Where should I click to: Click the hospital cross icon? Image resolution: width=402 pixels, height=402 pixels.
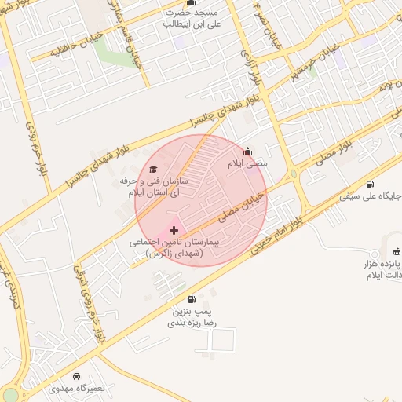[x=174, y=230]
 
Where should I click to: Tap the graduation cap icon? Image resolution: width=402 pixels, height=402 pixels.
[x=153, y=169]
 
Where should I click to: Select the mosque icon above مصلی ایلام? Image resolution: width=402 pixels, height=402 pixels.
[x=248, y=152]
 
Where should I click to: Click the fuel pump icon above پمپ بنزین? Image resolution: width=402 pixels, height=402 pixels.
[x=192, y=299]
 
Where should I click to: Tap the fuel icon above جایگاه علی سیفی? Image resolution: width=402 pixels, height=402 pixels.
[x=370, y=184]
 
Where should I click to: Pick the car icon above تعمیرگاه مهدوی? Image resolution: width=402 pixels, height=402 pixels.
[x=75, y=376]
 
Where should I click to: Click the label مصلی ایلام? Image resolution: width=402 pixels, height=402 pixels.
[x=248, y=164]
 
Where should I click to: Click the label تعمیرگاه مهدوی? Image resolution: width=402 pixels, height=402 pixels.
[x=75, y=389]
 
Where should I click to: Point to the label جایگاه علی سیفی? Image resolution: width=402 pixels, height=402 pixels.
[x=371, y=196]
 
